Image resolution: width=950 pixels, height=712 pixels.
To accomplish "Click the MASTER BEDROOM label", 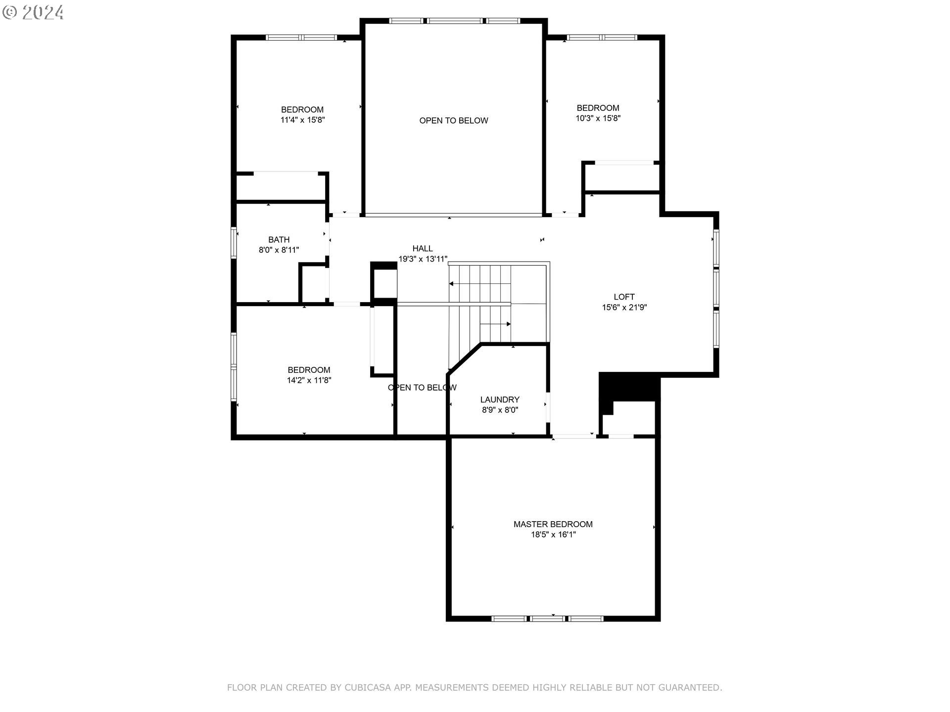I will pos(553,524).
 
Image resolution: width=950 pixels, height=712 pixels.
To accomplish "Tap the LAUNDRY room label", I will pos(500,400).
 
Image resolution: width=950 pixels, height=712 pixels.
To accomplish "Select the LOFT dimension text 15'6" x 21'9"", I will pos(624,308).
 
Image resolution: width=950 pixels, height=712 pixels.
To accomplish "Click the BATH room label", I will pos(279,240).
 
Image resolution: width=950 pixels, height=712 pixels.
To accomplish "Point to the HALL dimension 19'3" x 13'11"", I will pos(423,259).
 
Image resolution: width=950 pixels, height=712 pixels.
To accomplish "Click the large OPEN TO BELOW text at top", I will pos(454,121).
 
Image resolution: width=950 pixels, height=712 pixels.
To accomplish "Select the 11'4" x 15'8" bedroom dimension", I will pos(302,120).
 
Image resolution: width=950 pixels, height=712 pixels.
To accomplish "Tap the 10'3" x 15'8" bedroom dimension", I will pos(598,119).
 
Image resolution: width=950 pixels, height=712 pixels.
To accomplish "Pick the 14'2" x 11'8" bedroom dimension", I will pos(309,381).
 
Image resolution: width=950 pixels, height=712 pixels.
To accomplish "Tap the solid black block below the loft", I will pos(629,386).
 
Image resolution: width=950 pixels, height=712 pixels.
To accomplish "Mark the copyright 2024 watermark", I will pos(33,12).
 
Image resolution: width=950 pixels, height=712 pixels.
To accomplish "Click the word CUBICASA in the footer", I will pos(368,687).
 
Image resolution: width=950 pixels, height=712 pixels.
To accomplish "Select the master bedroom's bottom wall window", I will pos(548,619).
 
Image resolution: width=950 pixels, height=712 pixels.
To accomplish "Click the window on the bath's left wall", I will pos(234,242).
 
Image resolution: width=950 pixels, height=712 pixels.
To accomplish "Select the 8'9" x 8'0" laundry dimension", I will pos(500,410).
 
